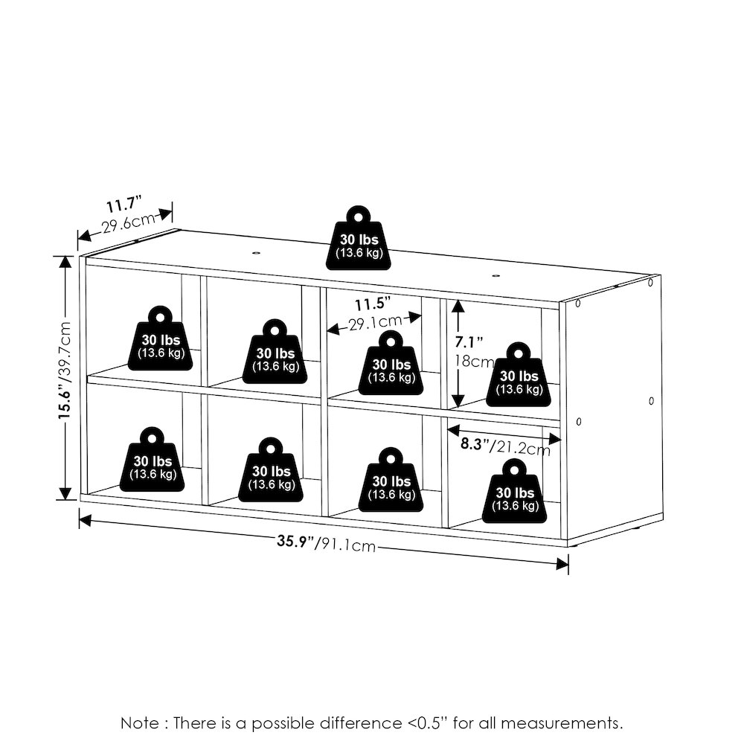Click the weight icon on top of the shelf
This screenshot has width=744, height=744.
pos(359,238)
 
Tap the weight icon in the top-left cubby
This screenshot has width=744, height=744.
pos(161,339)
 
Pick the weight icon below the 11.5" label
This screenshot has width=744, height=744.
pos(391,363)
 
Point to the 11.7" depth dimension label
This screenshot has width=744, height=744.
pos(124,204)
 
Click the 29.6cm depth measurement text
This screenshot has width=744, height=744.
pos(129,222)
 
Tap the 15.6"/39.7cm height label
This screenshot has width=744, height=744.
pos(65,370)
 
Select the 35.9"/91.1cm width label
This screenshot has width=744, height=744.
pos(327,543)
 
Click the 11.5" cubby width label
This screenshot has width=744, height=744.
pos(373,304)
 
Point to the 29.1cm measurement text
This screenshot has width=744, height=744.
pos(375,322)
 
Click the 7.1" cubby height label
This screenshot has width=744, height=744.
pos(469,341)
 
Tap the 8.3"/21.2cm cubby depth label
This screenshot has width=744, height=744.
pos(505,446)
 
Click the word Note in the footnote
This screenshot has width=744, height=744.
pos(140,723)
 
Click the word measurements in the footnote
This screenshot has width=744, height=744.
pos(562,723)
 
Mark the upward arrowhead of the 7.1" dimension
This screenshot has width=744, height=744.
pos(458,307)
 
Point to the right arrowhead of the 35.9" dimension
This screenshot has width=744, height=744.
pos(562,564)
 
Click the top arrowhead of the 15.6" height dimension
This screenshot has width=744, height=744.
pos(65,263)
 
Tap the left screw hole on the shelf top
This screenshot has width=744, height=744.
pos(256,253)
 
